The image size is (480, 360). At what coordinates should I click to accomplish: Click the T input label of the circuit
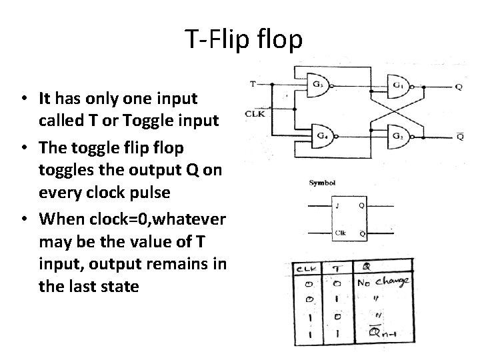click(x=253, y=85)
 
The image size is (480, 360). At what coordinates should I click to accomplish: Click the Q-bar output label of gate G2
click(x=460, y=137)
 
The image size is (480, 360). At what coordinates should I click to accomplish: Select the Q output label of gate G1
click(x=459, y=87)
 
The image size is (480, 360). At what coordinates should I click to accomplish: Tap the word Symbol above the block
click(x=322, y=182)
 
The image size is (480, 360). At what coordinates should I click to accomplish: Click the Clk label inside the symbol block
click(x=339, y=233)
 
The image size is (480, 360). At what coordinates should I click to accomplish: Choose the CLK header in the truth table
click(x=307, y=268)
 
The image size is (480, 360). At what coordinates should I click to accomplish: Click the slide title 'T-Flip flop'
click(x=244, y=39)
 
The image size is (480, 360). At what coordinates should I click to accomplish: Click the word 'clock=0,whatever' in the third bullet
click(x=166, y=219)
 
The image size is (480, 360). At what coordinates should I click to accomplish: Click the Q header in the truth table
click(x=367, y=267)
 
